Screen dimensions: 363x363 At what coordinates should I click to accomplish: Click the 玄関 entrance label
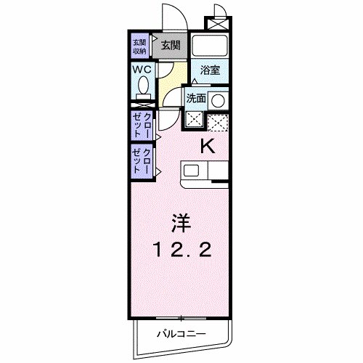171,45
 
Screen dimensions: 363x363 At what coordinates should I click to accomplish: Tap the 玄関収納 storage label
139,45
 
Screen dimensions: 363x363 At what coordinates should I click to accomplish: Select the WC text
142,69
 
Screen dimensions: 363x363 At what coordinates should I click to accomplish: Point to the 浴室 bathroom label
211,70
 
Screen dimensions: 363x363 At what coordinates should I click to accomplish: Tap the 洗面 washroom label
196,97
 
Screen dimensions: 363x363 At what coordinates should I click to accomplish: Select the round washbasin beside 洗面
218,99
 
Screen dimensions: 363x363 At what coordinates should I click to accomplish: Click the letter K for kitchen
208,146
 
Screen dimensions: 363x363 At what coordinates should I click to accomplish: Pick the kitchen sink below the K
192,171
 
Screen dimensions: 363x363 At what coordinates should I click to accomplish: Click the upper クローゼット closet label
142,125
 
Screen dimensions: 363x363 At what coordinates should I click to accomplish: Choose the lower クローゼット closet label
142,160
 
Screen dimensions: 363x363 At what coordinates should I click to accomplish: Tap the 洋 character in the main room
181,220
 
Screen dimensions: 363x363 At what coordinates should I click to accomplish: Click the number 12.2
181,250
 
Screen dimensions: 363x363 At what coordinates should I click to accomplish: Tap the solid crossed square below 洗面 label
195,119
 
